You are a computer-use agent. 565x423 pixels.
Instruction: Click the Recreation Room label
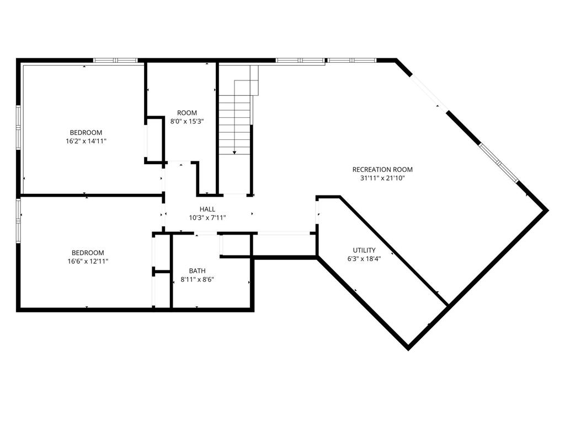coord(382,170)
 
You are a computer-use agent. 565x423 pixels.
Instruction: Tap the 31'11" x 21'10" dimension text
coord(382,178)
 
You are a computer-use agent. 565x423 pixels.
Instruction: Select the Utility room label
coord(364,250)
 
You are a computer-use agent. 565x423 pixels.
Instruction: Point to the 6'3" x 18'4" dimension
coord(364,258)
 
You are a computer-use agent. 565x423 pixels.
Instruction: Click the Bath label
coord(198,271)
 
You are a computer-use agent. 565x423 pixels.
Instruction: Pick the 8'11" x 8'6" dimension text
coord(198,279)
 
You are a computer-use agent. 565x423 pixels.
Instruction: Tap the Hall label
coord(207,209)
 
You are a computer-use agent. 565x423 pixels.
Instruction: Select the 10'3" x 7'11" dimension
coord(207,218)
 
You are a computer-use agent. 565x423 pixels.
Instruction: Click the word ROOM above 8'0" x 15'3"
coord(187,113)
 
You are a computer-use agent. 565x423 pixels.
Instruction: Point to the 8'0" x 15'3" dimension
coord(187,122)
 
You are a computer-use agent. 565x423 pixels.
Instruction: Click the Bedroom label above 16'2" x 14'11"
coord(86,132)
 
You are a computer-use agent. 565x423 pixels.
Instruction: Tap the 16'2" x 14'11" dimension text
coord(86,141)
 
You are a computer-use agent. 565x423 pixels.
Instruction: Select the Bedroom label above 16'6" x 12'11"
coord(88,253)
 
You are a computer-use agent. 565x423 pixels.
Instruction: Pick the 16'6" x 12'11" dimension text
coord(88,262)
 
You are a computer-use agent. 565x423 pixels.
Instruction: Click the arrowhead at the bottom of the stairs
coord(234,153)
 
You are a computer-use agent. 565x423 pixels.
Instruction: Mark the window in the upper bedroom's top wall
coord(115,61)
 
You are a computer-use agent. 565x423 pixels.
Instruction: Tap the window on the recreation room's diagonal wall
coord(498,163)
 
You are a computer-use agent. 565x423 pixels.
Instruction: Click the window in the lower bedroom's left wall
coord(18,221)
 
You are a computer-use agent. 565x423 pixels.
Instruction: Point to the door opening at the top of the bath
coord(206,234)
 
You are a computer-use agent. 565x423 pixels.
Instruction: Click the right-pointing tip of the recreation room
coord(548,210)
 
